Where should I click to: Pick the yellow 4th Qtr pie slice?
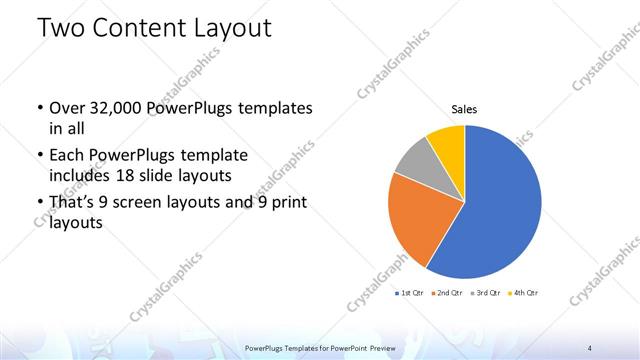(x=447, y=144)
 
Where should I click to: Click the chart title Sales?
(x=464, y=108)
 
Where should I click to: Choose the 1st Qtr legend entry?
(x=410, y=292)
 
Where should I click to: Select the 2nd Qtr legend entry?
(x=447, y=292)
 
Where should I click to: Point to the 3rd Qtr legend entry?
(x=485, y=292)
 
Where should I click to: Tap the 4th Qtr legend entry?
(x=522, y=292)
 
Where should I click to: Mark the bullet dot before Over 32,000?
(x=38, y=108)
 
